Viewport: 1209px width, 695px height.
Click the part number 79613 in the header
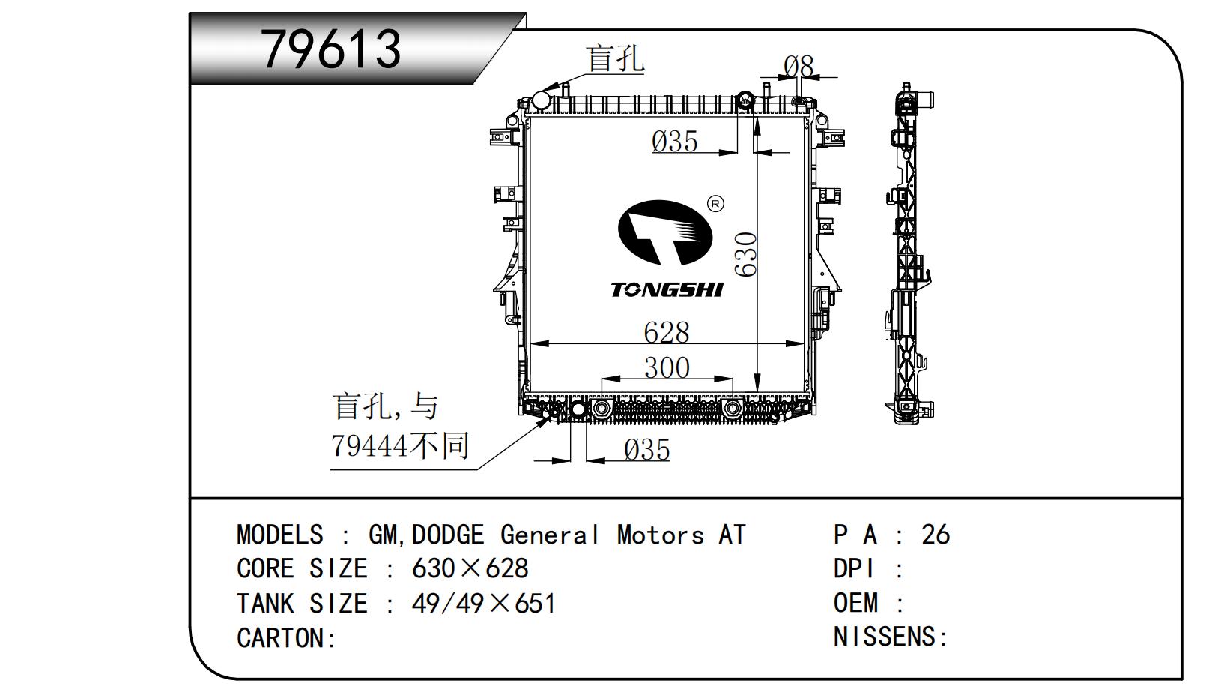coord(331,49)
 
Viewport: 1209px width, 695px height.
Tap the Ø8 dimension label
coord(799,67)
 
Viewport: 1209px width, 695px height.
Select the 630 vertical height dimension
coord(746,254)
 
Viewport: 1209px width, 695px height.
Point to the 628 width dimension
coord(667,332)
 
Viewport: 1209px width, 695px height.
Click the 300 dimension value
coord(667,368)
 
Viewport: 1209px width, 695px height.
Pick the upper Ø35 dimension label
coord(675,142)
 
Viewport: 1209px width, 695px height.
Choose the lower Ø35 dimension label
coord(646,450)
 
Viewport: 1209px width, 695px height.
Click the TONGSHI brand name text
coord(667,290)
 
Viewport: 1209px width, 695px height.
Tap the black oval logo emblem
coord(665,232)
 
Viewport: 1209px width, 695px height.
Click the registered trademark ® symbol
coord(715,204)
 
